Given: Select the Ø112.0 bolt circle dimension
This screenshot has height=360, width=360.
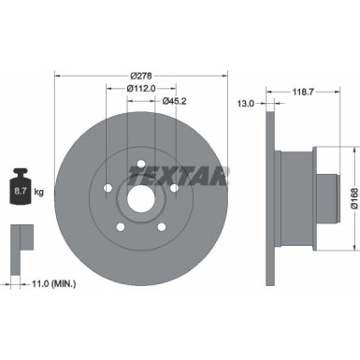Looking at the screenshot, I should pyautogui.click(x=141, y=89).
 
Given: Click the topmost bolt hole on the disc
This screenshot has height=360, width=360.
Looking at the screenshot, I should pyautogui.click(x=140, y=166).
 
